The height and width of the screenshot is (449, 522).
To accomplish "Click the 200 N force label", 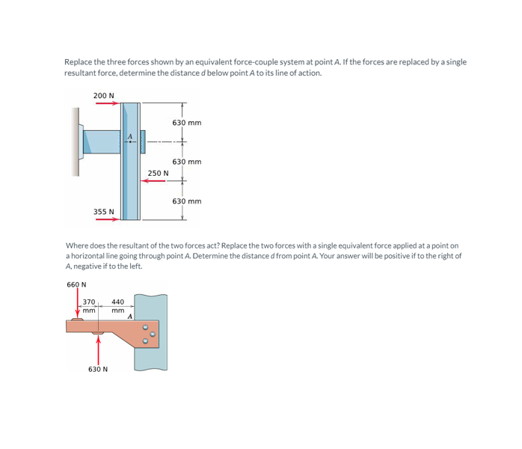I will click(x=103, y=95).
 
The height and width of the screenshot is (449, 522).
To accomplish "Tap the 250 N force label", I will click(x=158, y=173).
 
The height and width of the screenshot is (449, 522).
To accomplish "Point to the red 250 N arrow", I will click(x=157, y=181).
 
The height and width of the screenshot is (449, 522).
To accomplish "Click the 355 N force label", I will click(x=103, y=211).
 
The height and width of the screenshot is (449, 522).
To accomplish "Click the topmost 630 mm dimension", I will click(x=186, y=122).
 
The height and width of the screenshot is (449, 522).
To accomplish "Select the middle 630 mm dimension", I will click(x=186, y=162).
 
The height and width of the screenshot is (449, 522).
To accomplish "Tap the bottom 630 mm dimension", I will click(x=186, y=201).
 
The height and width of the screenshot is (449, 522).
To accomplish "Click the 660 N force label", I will click(x=76, y=284).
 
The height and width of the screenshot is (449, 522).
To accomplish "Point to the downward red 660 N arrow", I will click(x=78, y=303).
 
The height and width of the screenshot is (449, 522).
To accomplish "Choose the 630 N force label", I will click(x=98, y=369).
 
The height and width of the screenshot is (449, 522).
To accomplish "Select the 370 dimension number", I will click(x=89, y=302).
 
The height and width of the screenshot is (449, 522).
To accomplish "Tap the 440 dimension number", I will click(x=117, y=302).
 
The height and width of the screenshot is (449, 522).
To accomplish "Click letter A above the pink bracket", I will click(x=130, y=317).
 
